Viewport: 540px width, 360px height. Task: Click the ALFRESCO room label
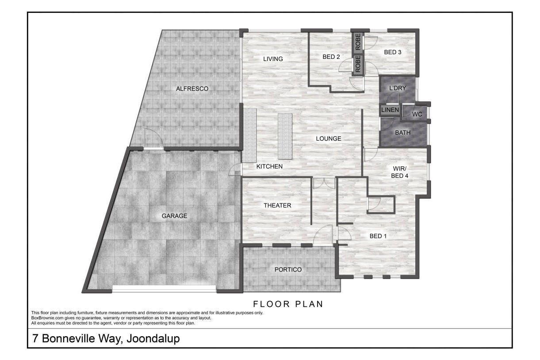(192, 89)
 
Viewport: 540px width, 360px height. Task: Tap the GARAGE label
(174, 216)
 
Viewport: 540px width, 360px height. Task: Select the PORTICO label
(288, 270)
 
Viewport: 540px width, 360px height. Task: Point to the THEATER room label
(277, 206)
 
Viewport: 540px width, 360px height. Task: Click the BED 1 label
(378, 236)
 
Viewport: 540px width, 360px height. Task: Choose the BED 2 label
(331, 57)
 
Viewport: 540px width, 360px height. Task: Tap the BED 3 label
(393, 52)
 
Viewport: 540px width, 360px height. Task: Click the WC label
(417, 114)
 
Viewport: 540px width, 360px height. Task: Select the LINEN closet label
(390, 110)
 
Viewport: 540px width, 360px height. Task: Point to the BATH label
(402, 133)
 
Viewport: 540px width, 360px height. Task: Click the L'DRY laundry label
(398, 88)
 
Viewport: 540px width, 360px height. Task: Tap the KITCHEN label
(269, 166)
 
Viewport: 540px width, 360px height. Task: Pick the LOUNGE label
(329, 138)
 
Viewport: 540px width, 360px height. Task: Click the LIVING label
(273, 59)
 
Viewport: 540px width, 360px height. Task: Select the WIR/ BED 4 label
(399, 172)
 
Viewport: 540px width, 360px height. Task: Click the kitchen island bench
(285, 136)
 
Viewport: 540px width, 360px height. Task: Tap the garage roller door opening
(164, 289)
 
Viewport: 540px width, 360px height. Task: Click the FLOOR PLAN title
(288, 304)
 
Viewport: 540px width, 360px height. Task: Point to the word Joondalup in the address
(153, 339)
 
